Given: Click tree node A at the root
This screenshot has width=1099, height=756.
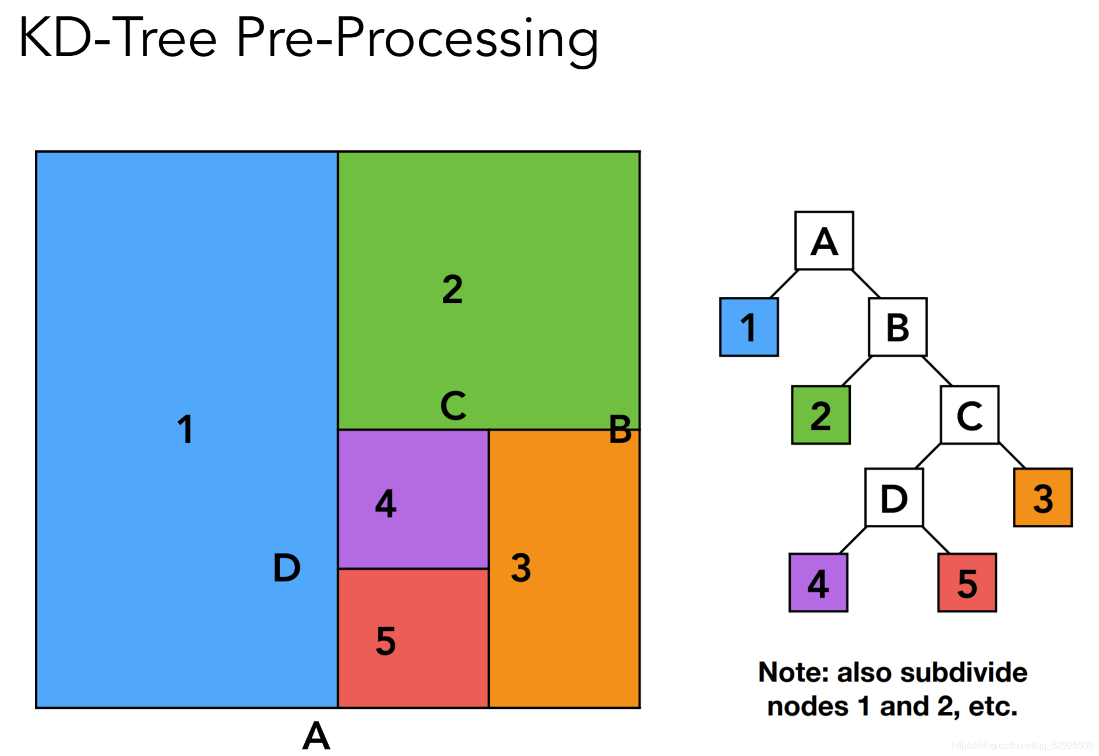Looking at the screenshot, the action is (x=824, y=241).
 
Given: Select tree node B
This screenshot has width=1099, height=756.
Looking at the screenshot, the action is (x=897, y=327).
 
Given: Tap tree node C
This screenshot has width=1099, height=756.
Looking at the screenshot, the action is (x=970, y=415).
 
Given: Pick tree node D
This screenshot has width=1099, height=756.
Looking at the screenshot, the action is (x=894, y=498).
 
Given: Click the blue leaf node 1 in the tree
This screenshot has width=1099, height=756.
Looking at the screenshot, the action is (x=749, y=327).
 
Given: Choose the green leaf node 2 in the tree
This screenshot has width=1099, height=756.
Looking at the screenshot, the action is (x=820, y=415).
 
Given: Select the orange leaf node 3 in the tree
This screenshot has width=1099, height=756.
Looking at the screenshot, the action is (x=1042, y=498).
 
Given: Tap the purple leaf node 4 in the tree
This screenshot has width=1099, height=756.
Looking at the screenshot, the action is (x=818, y=582).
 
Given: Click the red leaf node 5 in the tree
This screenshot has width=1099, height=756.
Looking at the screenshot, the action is (x=967, y=582).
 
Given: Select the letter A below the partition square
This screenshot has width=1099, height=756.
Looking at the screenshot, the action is (x=316, y=736).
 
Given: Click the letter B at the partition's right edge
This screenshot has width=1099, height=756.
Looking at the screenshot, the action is (x=620, y=429).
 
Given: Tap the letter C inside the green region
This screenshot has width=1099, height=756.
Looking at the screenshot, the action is (x=453, y=405).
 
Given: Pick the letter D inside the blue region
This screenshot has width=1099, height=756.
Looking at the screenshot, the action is (x=287, y=568).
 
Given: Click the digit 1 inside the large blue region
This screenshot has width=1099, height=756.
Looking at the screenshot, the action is (x=185, y=429).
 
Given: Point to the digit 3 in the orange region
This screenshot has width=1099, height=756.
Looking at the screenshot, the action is (x=521, y=568).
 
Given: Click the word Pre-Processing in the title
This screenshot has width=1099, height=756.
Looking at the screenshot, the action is (x=417, y=38).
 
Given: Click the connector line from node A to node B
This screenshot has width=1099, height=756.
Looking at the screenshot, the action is (x=866, y=284).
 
